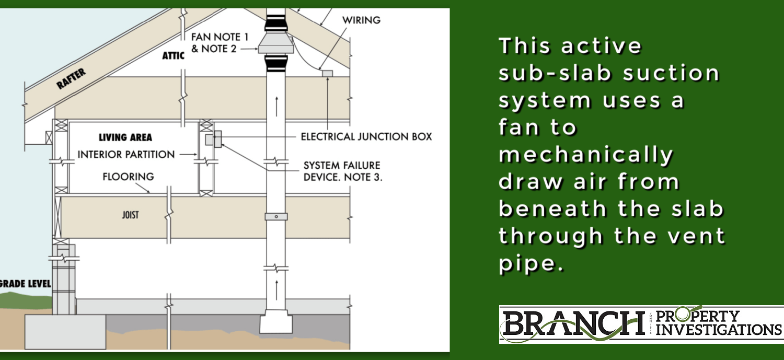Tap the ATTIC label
pyautogui.click(x=173, y=56)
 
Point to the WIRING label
pyautogui.click(x=361, y=20)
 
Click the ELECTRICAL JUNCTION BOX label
pyautogui.click(x=366, y=137)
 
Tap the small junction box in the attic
pyautogui.click(x=327, y=73)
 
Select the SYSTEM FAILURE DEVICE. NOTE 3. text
pyautogui.click(x=343, y=171)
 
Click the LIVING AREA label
pyautogui.click(x=125, y=138)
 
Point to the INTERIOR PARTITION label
pyautogui.click(x=126, y=155)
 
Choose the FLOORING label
pyautogui.click(x=129, y=177)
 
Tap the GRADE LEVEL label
pyautogui.click(x=25, y=284)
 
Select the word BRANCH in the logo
pyautogui.click(x=573, y=324)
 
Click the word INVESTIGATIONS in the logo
pyautogui.click(x=719, y=330)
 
